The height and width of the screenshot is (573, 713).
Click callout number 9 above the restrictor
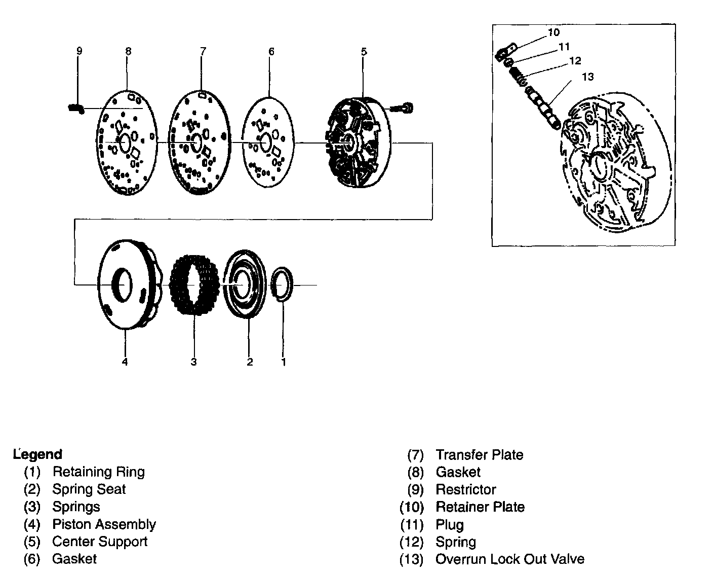(x=79, y=51)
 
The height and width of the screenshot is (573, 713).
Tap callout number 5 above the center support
(x=364, y=51)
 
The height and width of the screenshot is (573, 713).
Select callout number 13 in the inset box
(x=588, y=77)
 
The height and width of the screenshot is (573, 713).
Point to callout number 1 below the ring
(x=284, y=362)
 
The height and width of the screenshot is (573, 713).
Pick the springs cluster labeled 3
(x=194, y=285)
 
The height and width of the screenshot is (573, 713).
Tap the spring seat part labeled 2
(x=245, y=284)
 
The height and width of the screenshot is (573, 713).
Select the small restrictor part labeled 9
(x=76, y=108)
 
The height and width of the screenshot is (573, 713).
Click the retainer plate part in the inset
(x=505, y=52)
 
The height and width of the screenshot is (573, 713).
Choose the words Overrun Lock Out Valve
(x=509, y=559)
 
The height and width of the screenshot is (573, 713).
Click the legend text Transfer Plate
(x=479, y=455)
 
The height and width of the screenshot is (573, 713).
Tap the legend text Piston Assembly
(x=104, y=524)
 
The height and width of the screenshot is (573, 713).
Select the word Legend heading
(x=38, y=454)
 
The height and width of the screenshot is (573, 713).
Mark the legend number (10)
(x=411, y=507)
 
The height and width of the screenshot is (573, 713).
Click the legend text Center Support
(x=100, y=542)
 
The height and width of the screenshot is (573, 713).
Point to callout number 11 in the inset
(x=564, y=47)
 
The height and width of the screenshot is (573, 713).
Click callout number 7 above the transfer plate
(x=203, y=51)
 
